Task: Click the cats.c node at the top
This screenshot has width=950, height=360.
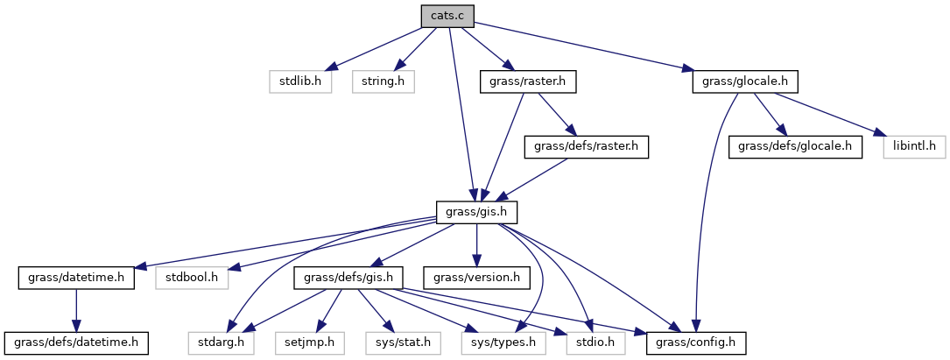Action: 447,17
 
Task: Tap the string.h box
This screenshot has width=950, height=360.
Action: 383,82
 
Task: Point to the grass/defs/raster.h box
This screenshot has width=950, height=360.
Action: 586,147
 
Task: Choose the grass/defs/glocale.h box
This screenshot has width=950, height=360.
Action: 795,147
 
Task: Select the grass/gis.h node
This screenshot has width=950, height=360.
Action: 477,213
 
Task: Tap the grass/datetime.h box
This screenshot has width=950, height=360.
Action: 75,279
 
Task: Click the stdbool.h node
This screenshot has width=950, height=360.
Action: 192,279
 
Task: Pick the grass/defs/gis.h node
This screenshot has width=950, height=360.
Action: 352,279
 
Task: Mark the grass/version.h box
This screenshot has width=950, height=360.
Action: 475,279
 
